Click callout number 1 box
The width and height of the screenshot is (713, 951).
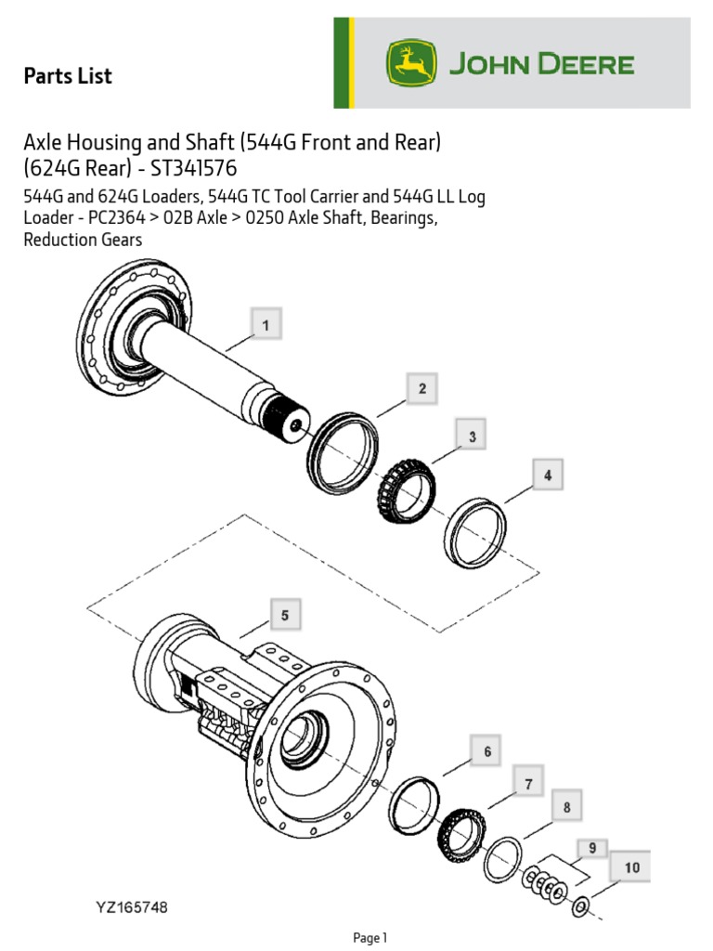pyautogui.click(x=266, y=325)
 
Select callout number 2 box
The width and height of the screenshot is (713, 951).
pyautogui.click(x=421, y=389)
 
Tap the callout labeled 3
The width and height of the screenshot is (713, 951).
pyautogui.click(x=472, y=436)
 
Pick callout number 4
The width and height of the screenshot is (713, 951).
pyautogui.click(x=548, y=475)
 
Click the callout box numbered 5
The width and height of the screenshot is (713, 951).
pyautogui.click(x=285, y=615)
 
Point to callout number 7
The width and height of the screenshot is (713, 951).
pyautogui.click(x=528, y=784)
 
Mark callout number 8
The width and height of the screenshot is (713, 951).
pyautogui.click(x=566, y=808)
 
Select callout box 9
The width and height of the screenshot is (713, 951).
pyautogui.click(x=592, y=847)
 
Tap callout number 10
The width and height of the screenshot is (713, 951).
pyautogui.click(x=631, y=868)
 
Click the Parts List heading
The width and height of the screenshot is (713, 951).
pyautogui.click(x=68, y=76)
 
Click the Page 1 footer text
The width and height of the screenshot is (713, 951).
pyautogui.click(x=370, y=938)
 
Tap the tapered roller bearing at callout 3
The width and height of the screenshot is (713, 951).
pyautogui.click(x=405, y=489)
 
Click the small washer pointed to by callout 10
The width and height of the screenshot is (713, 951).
pyautogui.click(x=579, y=905)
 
